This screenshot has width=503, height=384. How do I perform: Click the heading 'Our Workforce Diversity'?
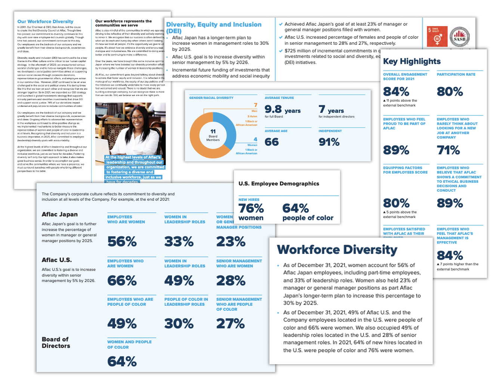point(45,22)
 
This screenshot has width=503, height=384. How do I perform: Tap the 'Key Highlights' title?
point(412,61)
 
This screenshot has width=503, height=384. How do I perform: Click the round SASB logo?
point(459,37)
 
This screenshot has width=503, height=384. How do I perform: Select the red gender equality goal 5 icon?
point(437,37)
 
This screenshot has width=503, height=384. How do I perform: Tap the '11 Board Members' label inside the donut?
point(213,135)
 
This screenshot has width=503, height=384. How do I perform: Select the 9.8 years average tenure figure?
point(283,109)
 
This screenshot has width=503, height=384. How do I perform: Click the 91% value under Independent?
point(329,142)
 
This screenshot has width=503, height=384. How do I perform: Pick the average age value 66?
point(272,142)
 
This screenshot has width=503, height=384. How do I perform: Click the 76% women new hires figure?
point(251,208)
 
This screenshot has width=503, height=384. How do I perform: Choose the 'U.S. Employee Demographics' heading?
point(279,183)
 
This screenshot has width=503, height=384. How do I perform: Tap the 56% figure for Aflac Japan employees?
point(122,242)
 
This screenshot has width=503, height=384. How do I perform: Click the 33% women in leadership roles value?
point(179,242)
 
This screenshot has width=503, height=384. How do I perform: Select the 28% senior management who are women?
point(231,281)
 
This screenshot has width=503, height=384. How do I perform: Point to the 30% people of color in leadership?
point(179,323)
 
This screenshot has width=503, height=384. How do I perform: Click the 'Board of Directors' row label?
point(56,343)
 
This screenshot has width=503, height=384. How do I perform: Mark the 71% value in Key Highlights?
point(448,150)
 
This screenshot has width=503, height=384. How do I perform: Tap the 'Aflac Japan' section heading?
point(60,214)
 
